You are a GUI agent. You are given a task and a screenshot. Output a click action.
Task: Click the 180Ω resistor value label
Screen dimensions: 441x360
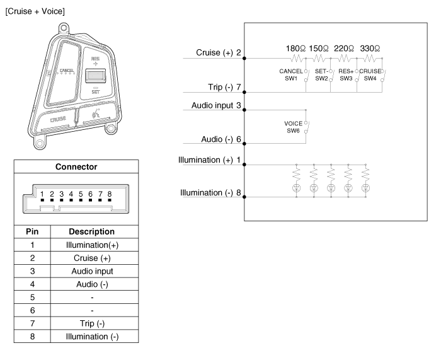(295, 49)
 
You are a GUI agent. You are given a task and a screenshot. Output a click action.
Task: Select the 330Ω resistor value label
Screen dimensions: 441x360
(370, 49)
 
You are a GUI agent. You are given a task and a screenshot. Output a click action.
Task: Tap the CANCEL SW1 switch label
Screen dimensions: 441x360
(291, 75)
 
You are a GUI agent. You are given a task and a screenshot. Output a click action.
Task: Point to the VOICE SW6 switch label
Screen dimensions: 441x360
(294, 127)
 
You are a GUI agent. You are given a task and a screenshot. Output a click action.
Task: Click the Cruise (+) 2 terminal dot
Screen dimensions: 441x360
(244, 58)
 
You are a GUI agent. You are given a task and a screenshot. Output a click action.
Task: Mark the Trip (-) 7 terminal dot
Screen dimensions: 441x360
(244, 92)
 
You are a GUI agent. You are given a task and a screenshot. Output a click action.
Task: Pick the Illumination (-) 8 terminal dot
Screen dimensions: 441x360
(244, 197)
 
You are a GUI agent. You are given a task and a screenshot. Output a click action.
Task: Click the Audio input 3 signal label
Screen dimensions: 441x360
(216, 105)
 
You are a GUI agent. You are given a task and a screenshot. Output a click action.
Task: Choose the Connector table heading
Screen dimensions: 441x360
(76, 166)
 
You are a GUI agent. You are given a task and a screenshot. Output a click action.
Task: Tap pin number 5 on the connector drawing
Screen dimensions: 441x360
(81, 194)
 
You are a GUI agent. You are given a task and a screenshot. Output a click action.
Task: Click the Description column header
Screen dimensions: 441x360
(92, 231)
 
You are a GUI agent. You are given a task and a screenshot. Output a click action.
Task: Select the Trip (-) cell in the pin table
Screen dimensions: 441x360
(92, 323)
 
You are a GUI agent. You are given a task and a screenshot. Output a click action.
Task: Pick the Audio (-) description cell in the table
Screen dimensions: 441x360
(92, 284)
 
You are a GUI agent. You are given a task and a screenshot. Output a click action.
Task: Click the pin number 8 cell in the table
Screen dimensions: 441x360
(32, 337)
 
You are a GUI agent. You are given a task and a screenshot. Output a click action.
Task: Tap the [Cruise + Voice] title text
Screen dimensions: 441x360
(35, 11)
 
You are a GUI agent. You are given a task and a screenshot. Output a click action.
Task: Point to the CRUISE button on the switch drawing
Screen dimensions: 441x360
(57, 120)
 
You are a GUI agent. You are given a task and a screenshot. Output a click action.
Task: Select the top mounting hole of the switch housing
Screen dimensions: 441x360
(64, 28)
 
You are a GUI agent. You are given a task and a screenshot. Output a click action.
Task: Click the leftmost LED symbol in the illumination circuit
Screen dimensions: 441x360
(297, 188)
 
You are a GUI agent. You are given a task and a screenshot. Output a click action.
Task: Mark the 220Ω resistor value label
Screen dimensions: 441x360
(344, 49)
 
